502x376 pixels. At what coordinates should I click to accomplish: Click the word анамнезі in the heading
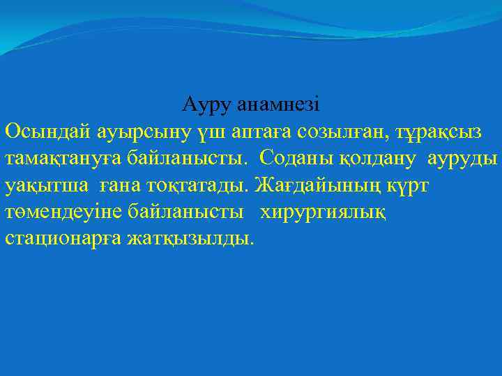point(279,105)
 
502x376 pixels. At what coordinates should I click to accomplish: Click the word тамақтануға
point(65,159)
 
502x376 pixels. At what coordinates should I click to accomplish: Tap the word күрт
point(413,186)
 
